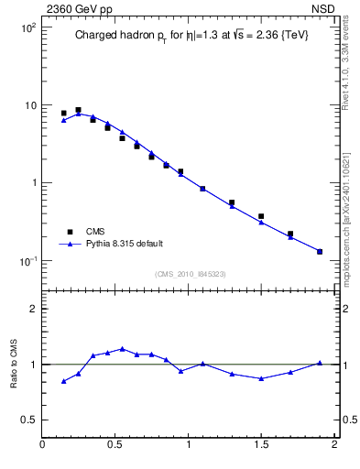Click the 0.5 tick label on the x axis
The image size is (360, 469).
[x=115, y=445]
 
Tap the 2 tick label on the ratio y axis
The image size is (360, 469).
[x=34, y=309]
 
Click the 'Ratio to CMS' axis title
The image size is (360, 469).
[x=13, y=364]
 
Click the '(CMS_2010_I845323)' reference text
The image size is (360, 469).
[x=189, y=274]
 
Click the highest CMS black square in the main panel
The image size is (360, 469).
[x=78, y=110]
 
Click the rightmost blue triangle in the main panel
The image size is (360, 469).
[x=320, y=251]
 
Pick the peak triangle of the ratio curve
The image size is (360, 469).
[x=122, y=349]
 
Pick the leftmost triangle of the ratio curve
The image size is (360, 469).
[x=63, y=381]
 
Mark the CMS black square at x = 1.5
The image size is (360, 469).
[x=261, y=216]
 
